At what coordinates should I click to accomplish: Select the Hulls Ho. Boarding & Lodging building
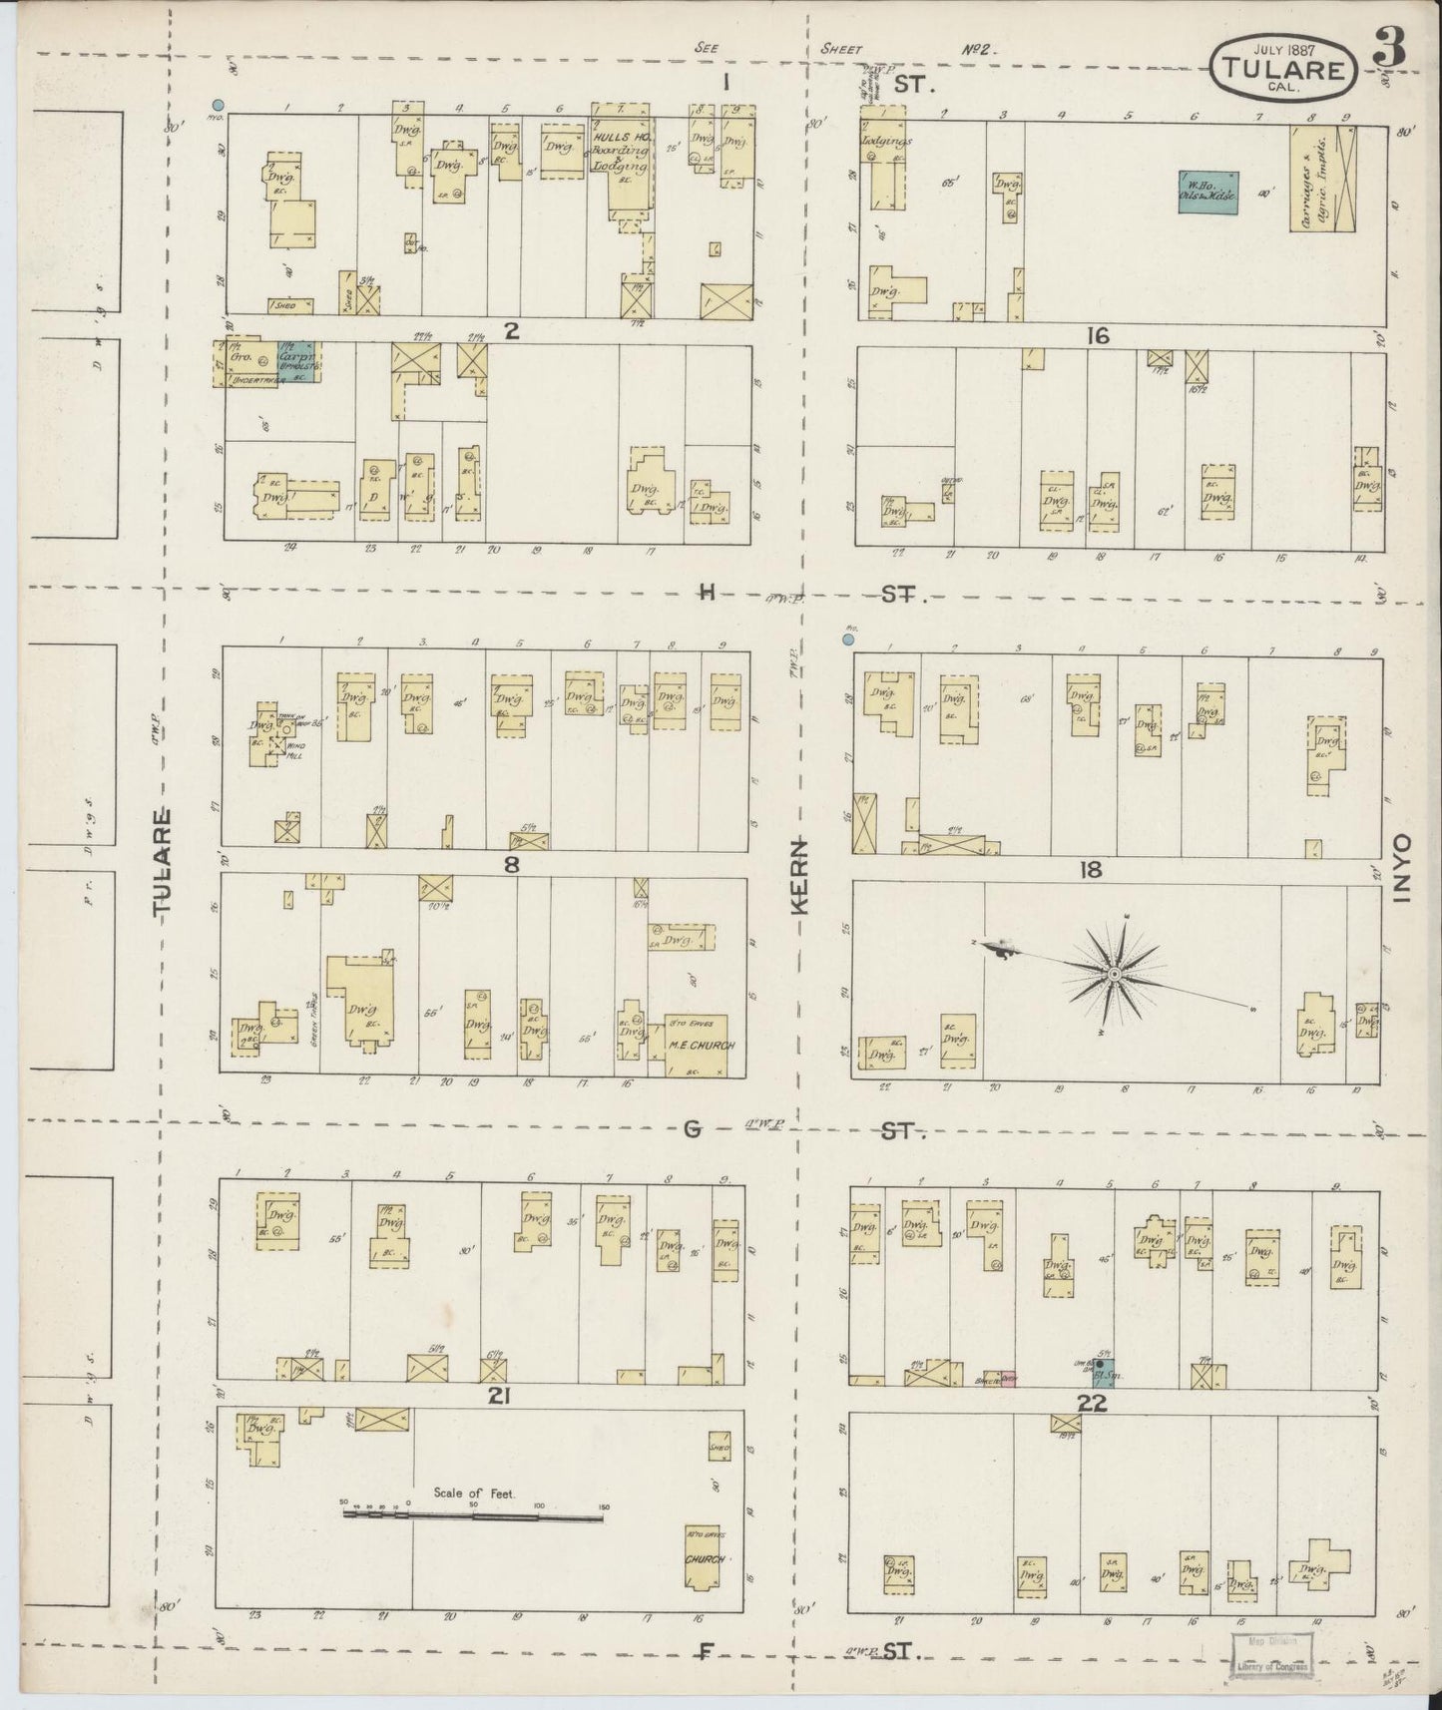(x=623, y=157)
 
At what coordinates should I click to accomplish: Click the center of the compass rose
(x=1113, y=972)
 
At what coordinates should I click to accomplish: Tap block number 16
(x=1099, y=336)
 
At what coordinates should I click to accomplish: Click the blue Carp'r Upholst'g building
(x=298, y=363)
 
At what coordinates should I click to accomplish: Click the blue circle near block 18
(x=848, y=639)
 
